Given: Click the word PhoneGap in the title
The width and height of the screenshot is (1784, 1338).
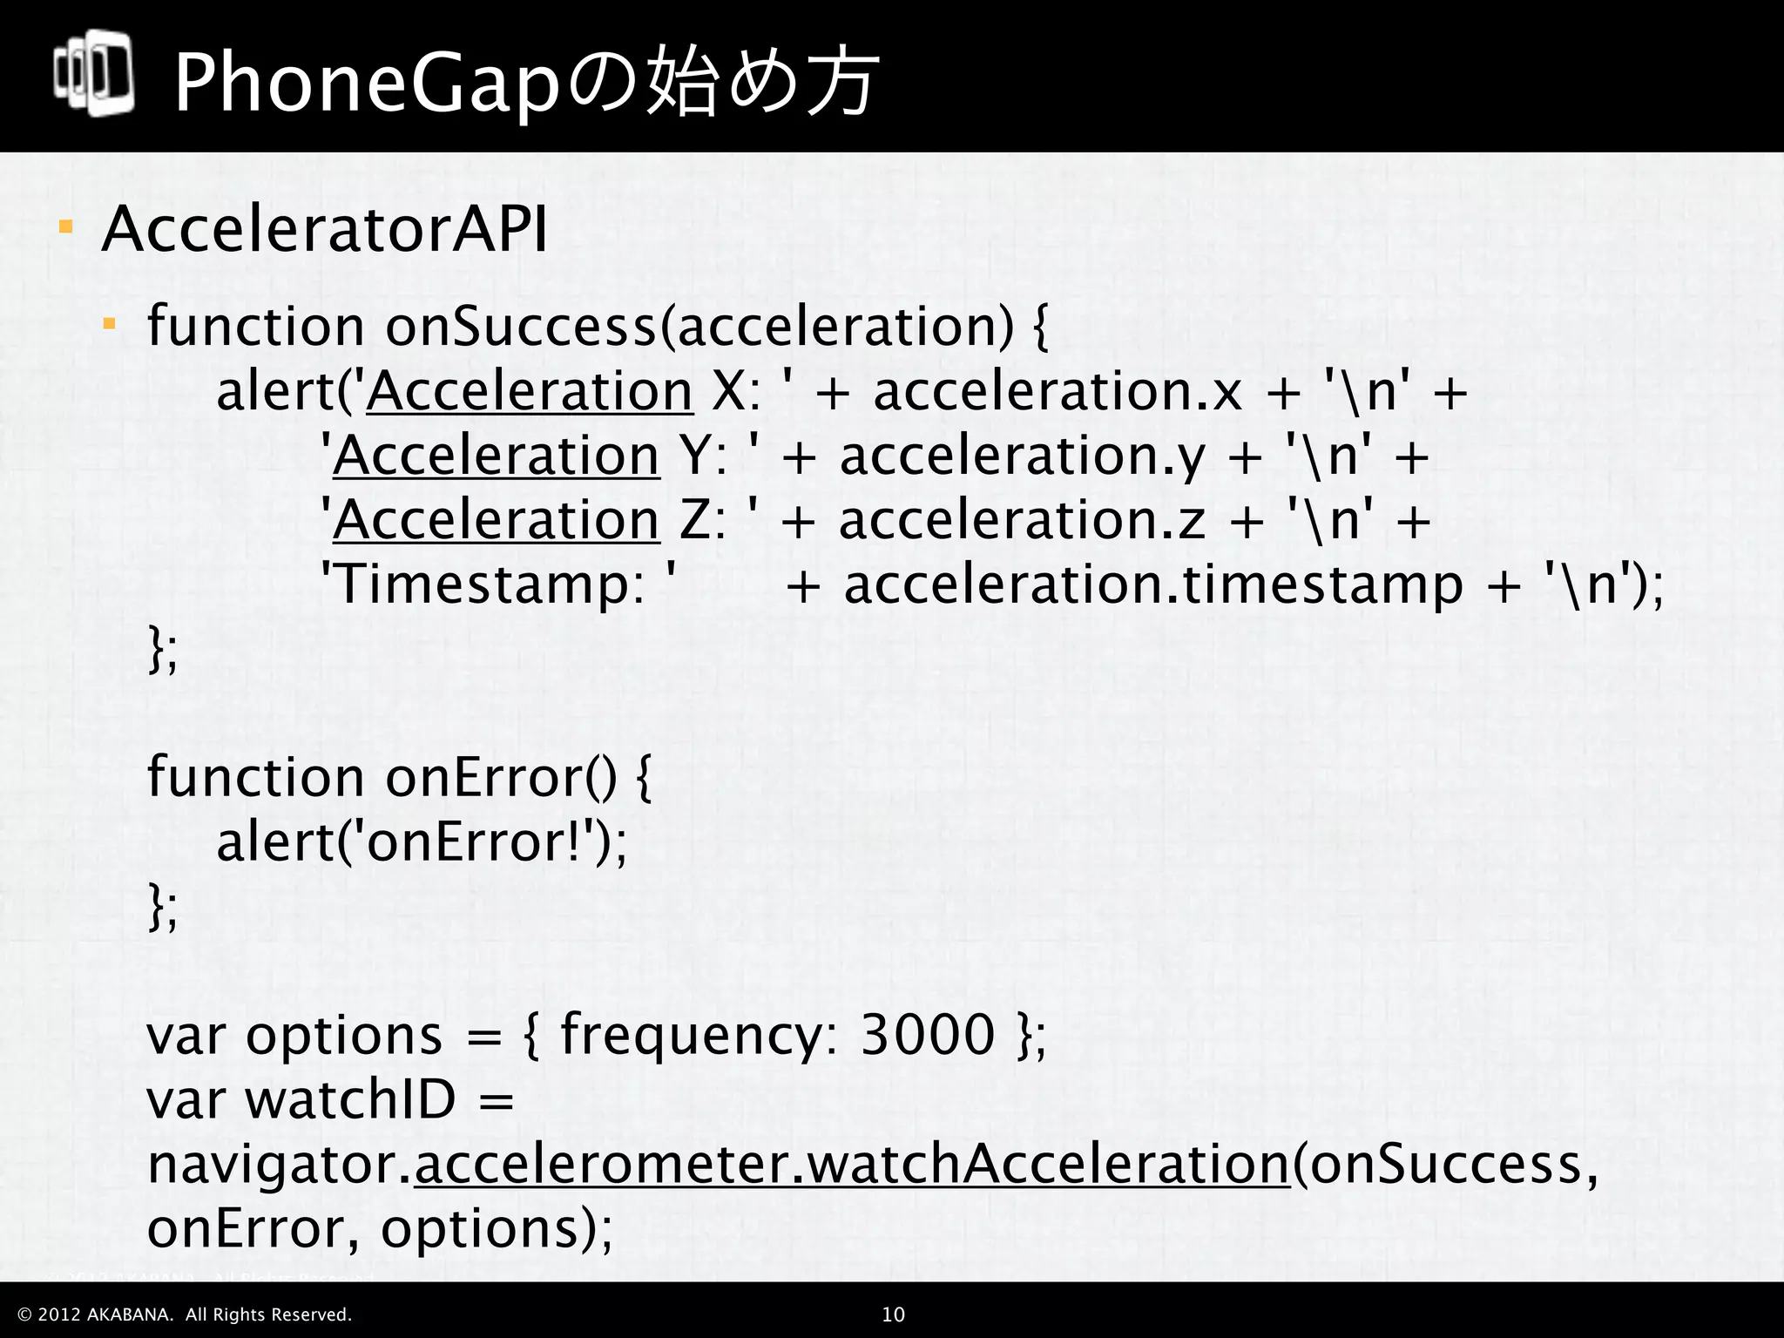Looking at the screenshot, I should tap(366, 84).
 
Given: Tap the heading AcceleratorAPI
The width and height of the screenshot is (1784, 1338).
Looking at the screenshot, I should tap(325, 230).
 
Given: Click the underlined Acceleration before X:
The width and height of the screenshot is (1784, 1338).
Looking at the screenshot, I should tap(530, 391).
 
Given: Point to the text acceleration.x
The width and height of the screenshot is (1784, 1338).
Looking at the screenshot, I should tap(1057, 391).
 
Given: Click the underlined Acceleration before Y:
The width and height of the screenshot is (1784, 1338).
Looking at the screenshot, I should tap(496, 456).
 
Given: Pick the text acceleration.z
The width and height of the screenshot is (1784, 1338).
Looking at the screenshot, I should tap(1022, 520).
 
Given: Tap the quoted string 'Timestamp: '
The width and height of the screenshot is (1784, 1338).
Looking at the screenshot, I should tap(499, 584).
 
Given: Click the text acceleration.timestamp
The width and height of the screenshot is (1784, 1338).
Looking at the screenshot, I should tap(1152, 584).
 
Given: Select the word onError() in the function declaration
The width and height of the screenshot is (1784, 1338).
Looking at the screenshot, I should tap(500, 777).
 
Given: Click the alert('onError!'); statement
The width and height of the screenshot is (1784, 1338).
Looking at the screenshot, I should tap(422, 842).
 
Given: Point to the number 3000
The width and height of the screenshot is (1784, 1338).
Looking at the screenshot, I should tap(927, 1035).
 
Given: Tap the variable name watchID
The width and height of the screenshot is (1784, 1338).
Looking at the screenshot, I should tap(351, 1099).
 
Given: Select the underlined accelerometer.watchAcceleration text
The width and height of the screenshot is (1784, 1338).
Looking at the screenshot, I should tap(851, 1165).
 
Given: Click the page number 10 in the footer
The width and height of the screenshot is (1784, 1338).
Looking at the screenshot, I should tap(894, 1314).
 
